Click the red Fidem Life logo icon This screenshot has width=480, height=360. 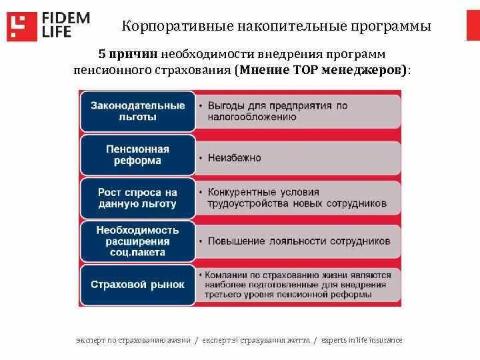[22, 25]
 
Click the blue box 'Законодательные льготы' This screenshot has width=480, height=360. [137, 111]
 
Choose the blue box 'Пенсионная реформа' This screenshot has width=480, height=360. [137, 155]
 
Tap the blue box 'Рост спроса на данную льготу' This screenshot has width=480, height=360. [137, 198]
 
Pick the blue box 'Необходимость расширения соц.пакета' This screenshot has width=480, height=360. [137, 241]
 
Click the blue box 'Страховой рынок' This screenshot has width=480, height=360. [137, 285]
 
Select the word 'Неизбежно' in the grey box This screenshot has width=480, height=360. [234, 158]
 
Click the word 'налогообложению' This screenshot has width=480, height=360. [251, 116]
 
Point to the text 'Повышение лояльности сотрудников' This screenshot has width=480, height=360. [299, 241]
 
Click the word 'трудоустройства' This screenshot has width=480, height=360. [246, 203]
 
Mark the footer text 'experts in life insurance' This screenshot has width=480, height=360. [361, 340]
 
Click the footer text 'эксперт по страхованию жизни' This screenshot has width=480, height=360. [133, 340]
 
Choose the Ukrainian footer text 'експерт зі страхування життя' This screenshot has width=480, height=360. [255, 340]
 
